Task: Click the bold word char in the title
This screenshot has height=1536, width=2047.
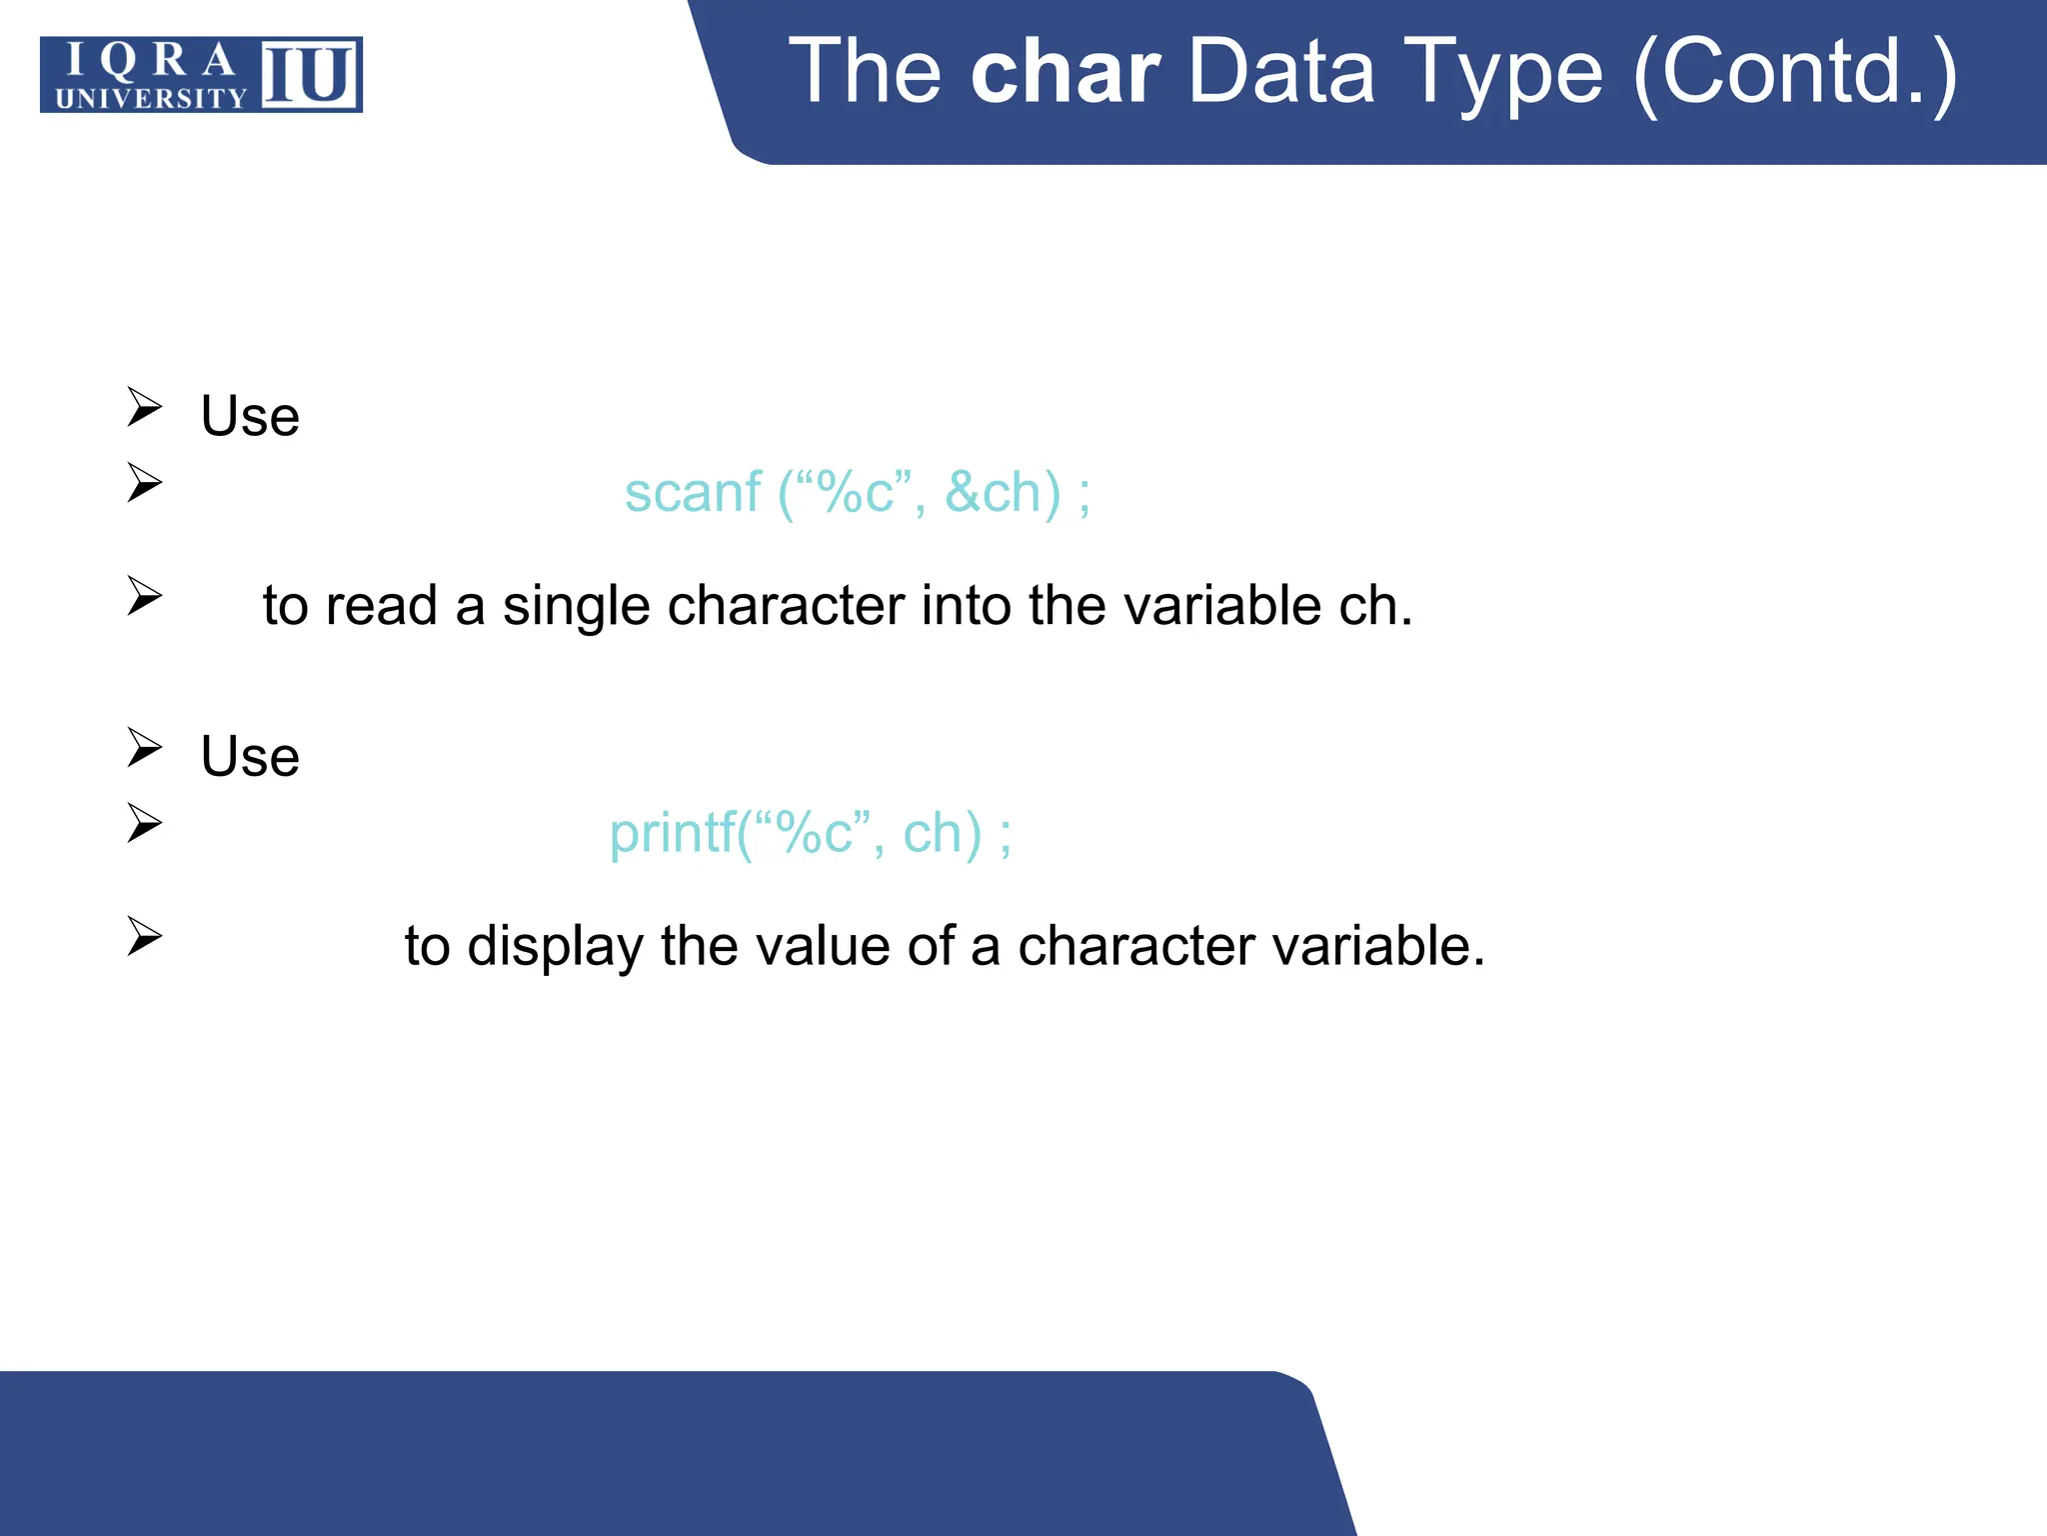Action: point(1065,72)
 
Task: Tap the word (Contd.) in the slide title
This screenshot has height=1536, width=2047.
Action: point(1795,72)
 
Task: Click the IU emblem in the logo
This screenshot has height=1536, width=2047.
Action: point(310,75)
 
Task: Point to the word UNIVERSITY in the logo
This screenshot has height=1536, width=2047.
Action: point(151,98)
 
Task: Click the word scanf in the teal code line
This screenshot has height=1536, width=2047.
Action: point(693,492)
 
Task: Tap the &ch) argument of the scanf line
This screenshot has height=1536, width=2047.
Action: point(1003,492)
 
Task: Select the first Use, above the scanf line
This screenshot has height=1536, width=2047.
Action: point(250,416)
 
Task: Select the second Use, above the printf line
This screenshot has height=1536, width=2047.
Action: point(250,756)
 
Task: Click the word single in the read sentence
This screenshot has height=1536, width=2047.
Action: point(576,606)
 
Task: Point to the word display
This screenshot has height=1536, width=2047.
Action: point(556,946)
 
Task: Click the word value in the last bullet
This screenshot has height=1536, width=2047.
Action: point(822,946)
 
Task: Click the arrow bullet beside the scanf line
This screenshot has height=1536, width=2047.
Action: point(145,483)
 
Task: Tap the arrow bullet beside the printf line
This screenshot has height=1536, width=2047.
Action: point(145,823)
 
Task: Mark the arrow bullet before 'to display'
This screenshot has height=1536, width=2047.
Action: point(145,936)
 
